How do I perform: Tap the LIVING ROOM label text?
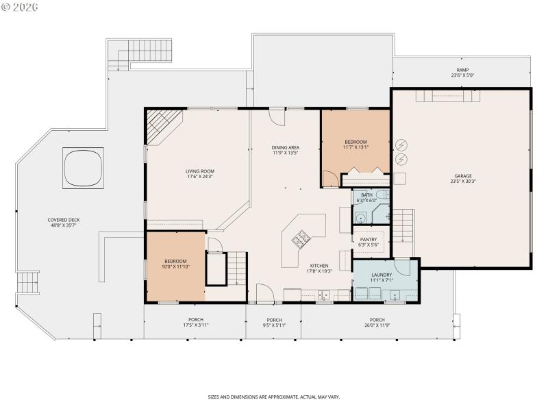[x=200, y=171]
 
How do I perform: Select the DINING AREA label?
[x=286, y=147]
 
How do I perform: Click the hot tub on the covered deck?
[x=83, y=168]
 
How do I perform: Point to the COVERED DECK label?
[x=64, y=220]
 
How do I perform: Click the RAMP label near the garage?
[x=463, y=71]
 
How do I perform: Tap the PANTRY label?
[x=369, y=240]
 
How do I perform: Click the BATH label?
[x=368, y=195]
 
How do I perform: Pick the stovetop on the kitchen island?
[x=300, y=239]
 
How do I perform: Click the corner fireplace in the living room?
[x=163, y=126]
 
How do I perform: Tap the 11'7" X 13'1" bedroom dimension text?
[x=356, y=147]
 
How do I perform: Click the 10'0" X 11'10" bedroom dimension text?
[x=175, y=267]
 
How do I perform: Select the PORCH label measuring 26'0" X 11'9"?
[x=377, y=320]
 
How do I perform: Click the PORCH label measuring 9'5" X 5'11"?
[x=274, y=320]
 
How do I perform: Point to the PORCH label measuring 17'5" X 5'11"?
[x=196, y=320]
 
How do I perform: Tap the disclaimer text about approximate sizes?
[x=274, y=397]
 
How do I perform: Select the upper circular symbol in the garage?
[x=401, y=145]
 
